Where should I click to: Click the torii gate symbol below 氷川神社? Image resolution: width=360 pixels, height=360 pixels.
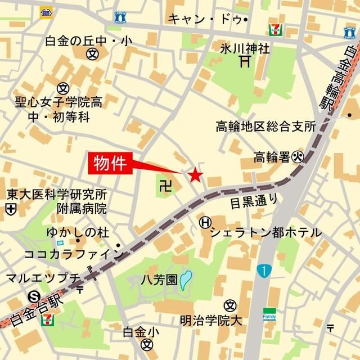pos(244,61)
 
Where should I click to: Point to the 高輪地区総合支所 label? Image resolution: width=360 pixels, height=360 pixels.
pos(265,127)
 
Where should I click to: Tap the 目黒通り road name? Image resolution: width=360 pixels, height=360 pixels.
pos(254,200)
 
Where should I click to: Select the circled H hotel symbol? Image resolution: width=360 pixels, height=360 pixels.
pos(204,223)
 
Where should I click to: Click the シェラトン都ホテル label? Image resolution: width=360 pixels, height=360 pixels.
pos(266,232)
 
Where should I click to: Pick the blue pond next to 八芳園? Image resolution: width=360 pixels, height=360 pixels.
pos(186,279)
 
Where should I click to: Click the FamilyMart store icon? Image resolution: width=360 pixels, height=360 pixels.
pos(269,313)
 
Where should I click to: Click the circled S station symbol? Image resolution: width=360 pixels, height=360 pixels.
pos(35,295)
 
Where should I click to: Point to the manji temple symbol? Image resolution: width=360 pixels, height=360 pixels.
pos(164,185)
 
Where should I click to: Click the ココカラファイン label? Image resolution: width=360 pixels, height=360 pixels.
pos(74,254)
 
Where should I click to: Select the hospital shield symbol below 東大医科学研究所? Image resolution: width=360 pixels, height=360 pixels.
pos(10,209)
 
